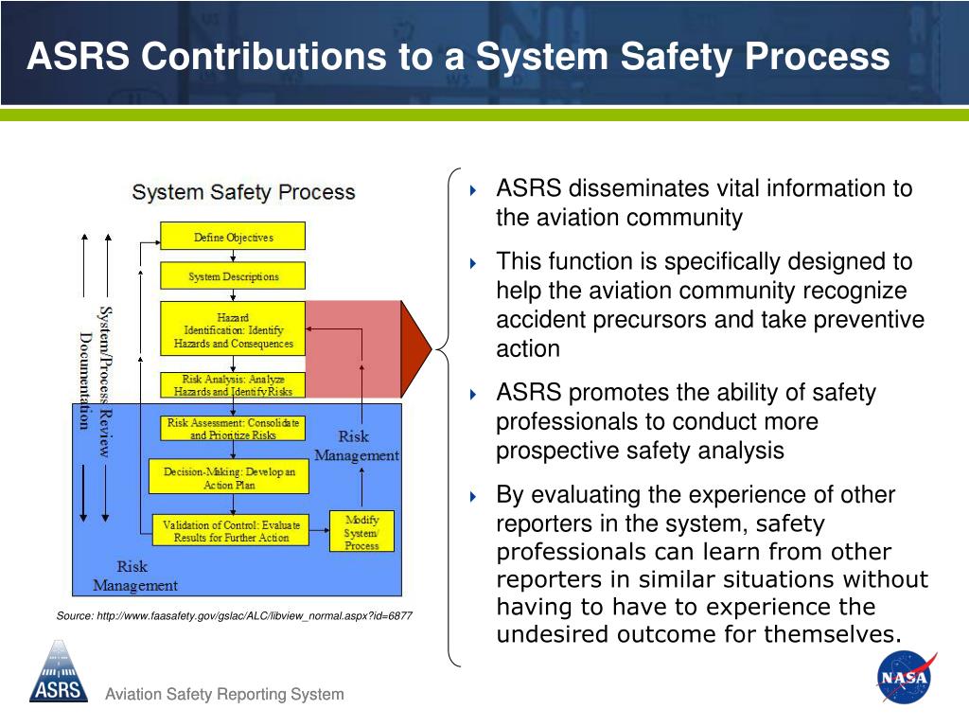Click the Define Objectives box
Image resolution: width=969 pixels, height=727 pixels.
[233, 237]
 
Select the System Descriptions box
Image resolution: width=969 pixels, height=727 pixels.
[233, 276]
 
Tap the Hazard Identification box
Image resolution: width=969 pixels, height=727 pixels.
[233, 328]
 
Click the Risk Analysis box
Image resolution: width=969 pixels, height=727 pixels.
[233, 385]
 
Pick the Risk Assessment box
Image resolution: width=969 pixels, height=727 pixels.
[233, 428]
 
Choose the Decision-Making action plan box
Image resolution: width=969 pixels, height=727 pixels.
[229, 477]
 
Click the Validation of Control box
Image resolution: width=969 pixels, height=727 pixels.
[231, 530]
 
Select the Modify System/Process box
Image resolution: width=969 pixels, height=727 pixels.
[361, 532]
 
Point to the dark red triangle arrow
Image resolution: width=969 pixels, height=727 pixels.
[415, 349]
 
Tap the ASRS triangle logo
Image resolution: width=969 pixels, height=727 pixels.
[58, 671]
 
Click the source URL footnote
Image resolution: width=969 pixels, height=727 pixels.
[234, 615]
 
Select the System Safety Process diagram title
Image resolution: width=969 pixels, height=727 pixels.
[243, 192]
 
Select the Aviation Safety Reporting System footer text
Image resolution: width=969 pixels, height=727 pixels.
[224, 695]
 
